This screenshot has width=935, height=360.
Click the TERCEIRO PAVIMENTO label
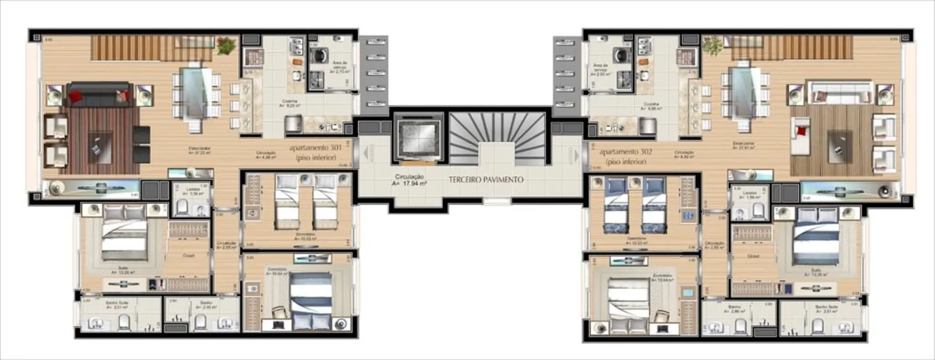pos(485,179)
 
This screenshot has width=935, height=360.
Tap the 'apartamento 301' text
pos(315,148)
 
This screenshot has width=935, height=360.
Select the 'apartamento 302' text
pos(626,151)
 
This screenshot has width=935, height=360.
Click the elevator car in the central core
pos(419,136)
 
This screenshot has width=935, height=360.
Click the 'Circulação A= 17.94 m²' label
pos(409,179)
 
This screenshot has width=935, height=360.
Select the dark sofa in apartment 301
pos(99,95)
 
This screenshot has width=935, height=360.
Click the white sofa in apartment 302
pos(840,93)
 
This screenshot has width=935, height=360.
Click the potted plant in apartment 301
pos(226,45)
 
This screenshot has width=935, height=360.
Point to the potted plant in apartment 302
pos(711,44)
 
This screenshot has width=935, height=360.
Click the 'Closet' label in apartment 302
pos(753,256)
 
